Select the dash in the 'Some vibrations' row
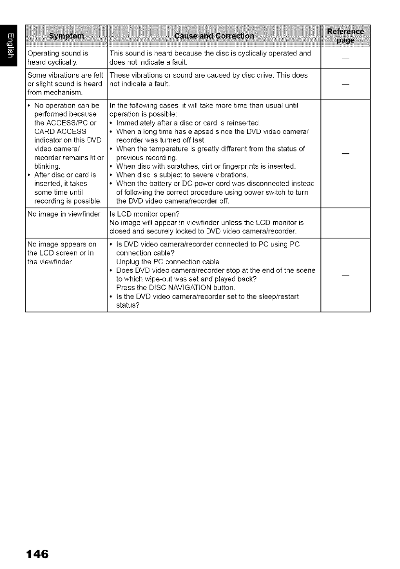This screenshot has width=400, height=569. coord(345,85)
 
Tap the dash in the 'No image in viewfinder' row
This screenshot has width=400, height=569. coord(345,223)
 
